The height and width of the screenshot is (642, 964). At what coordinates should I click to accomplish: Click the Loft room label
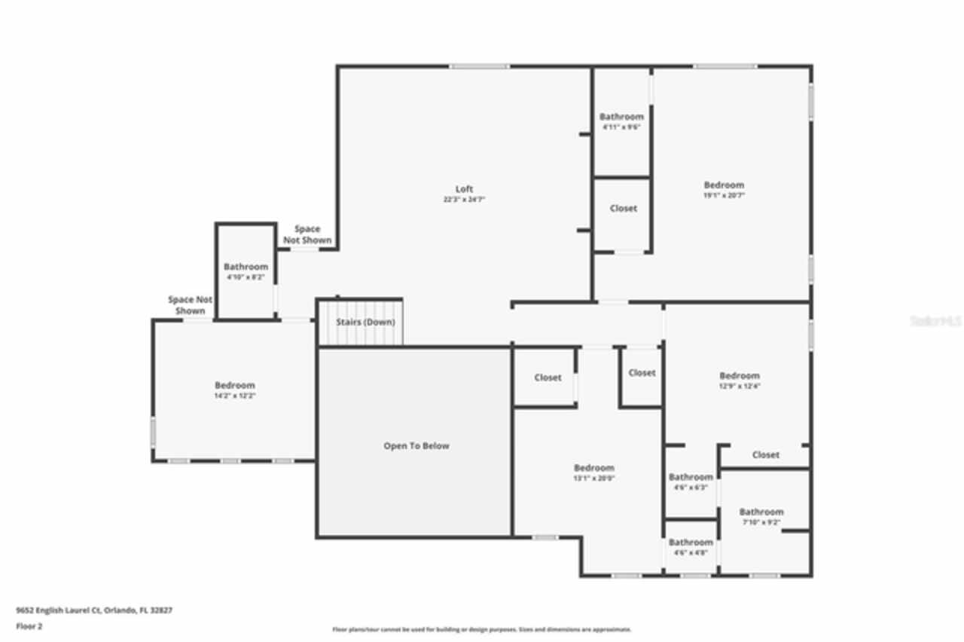pyautogui.click(x=464, y=189)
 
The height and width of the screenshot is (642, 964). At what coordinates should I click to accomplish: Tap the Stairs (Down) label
pyautogui.click(x=365, y=323)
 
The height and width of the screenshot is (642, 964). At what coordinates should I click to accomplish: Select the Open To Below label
pyautogui.click(x=416, y=446)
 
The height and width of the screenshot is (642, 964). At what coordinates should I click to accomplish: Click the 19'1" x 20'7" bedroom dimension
pyautogui.click(x=724, y=196)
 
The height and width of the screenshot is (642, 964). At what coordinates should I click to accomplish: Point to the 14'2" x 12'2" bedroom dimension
pyautogui.click(x=234, y=396)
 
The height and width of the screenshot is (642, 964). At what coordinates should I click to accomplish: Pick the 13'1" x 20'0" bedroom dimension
pyautogui.click(x=594, y=478)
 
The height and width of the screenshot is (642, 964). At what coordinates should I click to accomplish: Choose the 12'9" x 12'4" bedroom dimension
pyautogui.click(x=739, y=387)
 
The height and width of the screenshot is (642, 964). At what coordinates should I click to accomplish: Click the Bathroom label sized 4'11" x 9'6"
pyautogui.click(x=621, y=117)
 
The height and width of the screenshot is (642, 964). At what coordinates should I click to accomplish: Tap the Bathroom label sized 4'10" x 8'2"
pyautogui.click(x=246, y=267)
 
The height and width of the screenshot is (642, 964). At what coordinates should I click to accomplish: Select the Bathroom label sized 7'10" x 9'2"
pyautogui.click(x=761, y=512)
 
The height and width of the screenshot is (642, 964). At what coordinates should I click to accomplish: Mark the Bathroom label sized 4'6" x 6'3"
pyautogui.click(x=691, y=477)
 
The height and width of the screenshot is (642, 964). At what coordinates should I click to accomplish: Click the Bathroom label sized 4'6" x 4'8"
pyautogui.click(x=691, y=543)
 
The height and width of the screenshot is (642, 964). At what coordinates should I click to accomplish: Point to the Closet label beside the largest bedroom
pyautogui.click(x=623, y=208)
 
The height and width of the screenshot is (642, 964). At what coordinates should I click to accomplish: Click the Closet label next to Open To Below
pyautogui.click(x=548, y=378)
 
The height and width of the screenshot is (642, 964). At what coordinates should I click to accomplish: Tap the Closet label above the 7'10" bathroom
pyautogui.click(x=765, y=455)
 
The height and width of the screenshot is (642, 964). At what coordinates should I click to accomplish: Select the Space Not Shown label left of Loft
pyautogui.click(x=307, y=234)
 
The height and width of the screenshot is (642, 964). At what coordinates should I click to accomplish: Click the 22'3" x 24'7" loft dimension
pyautogui.click(x=464, y=200)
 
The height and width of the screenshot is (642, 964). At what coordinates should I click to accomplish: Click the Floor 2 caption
pyautogui.click(x=29, y=626)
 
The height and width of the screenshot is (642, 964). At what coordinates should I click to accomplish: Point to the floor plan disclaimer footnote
pyautogui.click(x=482, y=629)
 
